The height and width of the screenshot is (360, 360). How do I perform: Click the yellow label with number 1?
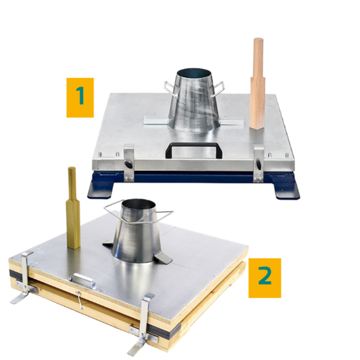80,97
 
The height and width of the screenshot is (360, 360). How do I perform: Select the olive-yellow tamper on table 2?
72,211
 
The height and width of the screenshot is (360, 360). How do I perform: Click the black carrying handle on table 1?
191,149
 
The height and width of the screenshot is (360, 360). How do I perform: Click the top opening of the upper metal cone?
195,73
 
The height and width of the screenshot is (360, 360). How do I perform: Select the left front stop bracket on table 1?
128,158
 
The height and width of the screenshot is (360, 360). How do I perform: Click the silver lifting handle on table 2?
84,278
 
